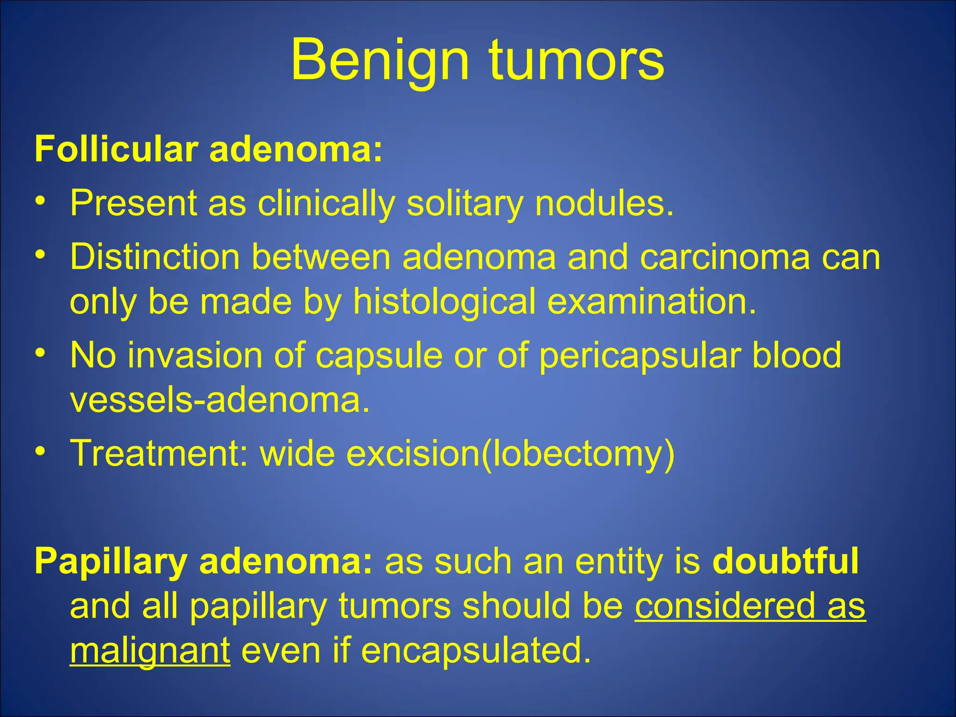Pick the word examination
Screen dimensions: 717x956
coord(651,302)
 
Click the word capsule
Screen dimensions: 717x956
coord(379,356)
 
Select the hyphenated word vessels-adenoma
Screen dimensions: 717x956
coord(219,400)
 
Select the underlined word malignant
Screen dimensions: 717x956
coord(150,651)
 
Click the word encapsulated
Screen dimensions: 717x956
coord(476,651)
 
